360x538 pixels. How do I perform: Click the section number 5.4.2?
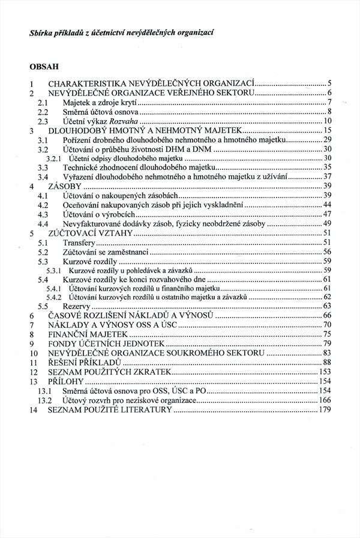coord(55,297)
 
